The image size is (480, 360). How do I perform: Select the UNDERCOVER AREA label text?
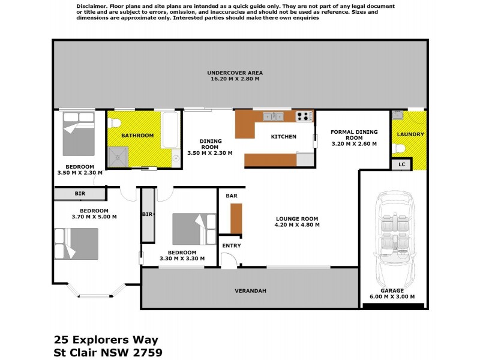point(235,73)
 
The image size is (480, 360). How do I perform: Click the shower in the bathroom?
point(118,157)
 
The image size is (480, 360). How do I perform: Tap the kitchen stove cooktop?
point(305,116)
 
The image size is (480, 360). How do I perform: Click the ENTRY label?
point(231,246)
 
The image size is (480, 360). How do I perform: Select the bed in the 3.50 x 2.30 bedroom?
point(78,135)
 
